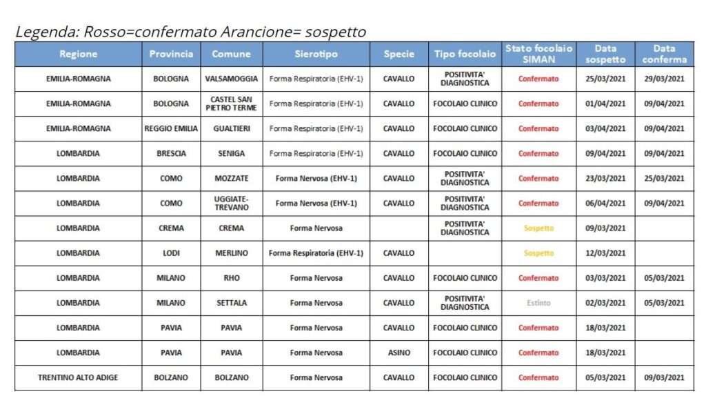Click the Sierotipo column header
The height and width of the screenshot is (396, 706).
[x=316, y=54]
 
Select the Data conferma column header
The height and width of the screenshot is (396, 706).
[x=664, y=54]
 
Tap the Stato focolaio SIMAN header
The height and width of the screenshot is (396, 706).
[x=538, y=54]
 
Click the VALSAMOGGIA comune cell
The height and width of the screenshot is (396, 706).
[x=231, y=79]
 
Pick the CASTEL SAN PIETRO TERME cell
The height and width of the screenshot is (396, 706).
[x=231, y=103]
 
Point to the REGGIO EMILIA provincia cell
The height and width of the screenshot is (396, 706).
[x=171, y=128]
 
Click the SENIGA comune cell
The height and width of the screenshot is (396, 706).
[x=231, y=153]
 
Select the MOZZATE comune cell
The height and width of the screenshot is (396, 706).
[x=231, y=178]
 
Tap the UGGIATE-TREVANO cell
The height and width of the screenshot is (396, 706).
[x=231, y=203]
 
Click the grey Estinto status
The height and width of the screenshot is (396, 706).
[x=538, y=303]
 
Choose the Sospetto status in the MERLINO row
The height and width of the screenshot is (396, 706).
[x=538, y=253]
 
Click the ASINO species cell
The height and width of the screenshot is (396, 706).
[x=399, y=353]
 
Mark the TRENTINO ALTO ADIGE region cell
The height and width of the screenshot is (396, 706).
[x=78, y=377]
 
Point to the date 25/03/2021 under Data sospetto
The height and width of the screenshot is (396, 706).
[x=605, y=79]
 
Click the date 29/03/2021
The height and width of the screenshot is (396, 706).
[x=664, y=79]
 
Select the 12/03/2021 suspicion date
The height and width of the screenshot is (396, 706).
[x=605, y=253]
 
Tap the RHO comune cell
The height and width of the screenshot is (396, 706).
[x=231, y=278]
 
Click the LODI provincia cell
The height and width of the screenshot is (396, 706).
[x=171, y=253]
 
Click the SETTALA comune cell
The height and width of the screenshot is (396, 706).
[x=231, y=303]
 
